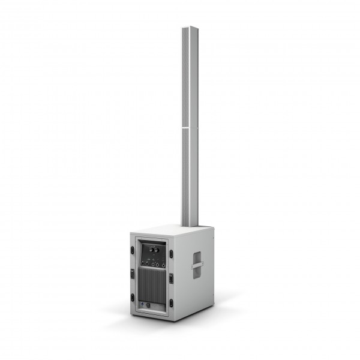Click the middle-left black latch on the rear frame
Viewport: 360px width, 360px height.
click(x=132, y=274)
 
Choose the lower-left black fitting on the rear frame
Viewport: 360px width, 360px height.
click(x=133, y=298)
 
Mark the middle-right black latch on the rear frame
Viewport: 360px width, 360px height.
click(x=171, y=279)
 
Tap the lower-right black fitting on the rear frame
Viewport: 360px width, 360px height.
click(x=170, y=303)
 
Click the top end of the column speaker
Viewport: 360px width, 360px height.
click(x=190, y=29)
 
